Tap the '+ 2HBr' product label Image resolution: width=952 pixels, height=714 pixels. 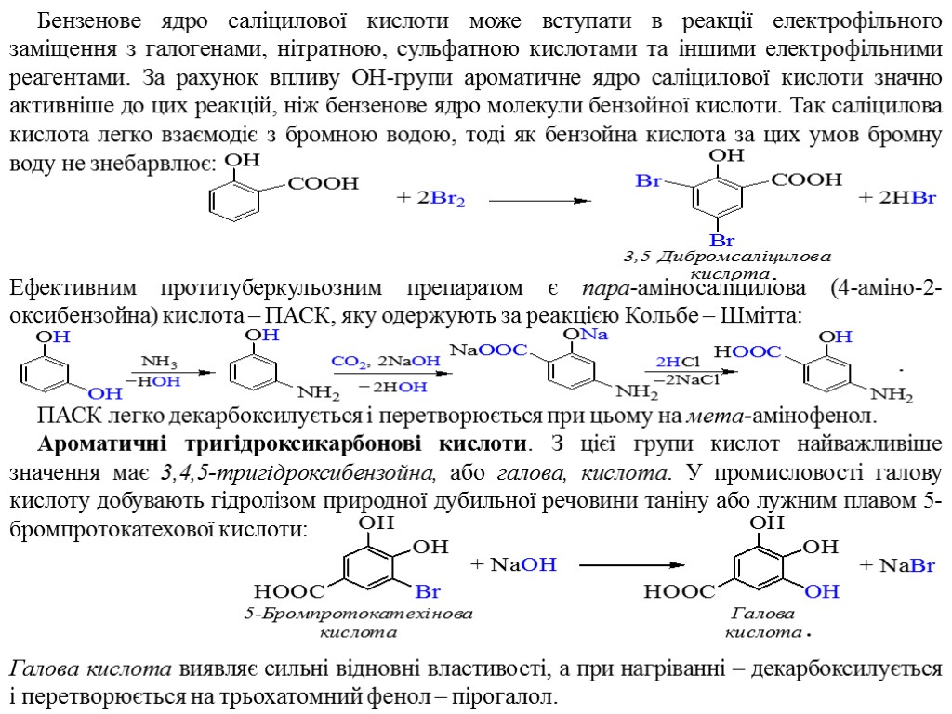896,198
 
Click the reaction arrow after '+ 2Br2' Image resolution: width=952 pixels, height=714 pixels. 540,200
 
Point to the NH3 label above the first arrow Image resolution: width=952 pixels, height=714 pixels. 159,361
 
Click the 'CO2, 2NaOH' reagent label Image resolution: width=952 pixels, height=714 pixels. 386,361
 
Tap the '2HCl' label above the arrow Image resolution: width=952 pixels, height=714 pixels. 678,362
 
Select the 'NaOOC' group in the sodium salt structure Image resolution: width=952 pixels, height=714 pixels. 489,350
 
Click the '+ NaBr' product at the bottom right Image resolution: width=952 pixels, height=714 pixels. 896,564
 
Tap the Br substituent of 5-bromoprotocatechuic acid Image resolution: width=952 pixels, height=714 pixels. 428,591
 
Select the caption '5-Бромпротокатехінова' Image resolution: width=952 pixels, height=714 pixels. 358,615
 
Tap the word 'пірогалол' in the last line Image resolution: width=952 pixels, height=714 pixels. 513,696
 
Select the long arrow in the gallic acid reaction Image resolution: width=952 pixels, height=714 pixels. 631,564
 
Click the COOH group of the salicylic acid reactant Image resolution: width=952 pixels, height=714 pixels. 323,184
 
